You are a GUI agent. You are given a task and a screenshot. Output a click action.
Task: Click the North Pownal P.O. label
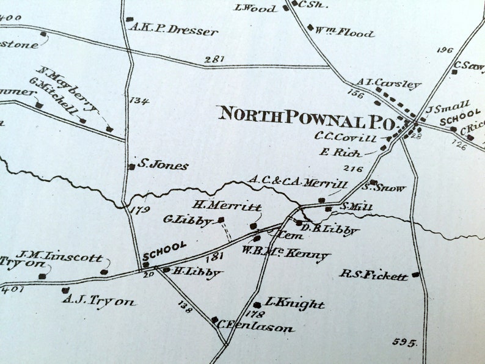point(307,115)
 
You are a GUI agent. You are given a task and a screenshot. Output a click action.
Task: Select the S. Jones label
point(163,165)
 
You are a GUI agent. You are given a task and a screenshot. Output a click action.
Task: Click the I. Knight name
point(295,304)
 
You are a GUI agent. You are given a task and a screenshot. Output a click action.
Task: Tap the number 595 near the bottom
point(404,342)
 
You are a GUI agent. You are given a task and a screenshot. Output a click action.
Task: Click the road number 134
point(139,100)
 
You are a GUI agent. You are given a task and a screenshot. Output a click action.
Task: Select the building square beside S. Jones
point(131,166)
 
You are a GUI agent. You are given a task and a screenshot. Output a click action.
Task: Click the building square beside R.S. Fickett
point(415,275)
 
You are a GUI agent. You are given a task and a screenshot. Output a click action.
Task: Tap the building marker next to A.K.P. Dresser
point(129,20)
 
